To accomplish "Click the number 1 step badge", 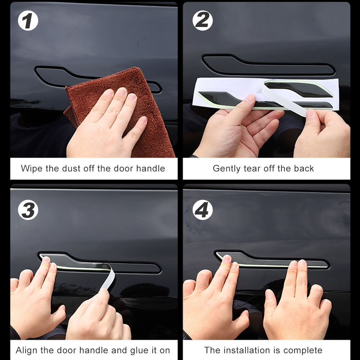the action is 28,21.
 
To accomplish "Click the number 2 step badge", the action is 202,21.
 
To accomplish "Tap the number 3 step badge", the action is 28,210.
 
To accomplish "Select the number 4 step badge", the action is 202,210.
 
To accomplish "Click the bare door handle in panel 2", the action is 268,66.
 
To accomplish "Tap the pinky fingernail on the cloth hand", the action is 144,120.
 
